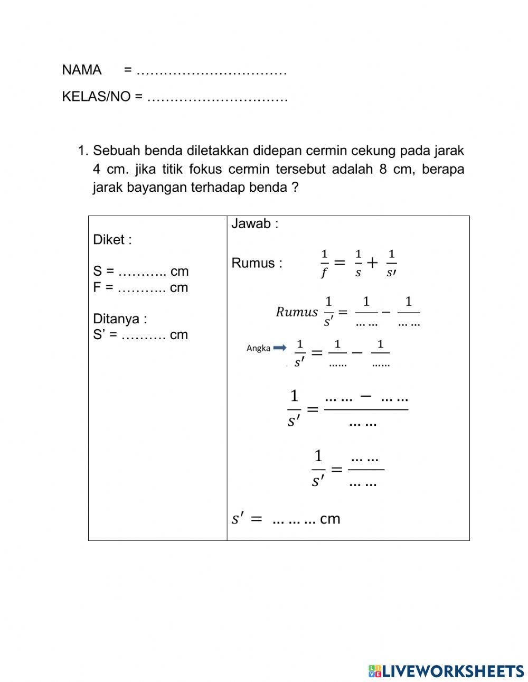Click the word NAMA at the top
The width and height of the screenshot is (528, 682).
pos(82,70)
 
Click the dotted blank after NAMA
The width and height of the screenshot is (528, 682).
pos(211,71)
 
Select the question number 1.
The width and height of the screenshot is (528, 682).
pos(82,151)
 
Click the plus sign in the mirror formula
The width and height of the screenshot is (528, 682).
pos(373,263)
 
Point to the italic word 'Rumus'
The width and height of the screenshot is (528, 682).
pos(297,312)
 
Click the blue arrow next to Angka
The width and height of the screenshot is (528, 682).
pos(279,348)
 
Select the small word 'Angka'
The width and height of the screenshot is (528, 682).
pos(258,348)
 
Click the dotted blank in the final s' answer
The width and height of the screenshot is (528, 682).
pos(294,520)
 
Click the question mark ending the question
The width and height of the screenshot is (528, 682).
pos(295,188)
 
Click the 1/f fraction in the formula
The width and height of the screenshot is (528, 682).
pos(324,263)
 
